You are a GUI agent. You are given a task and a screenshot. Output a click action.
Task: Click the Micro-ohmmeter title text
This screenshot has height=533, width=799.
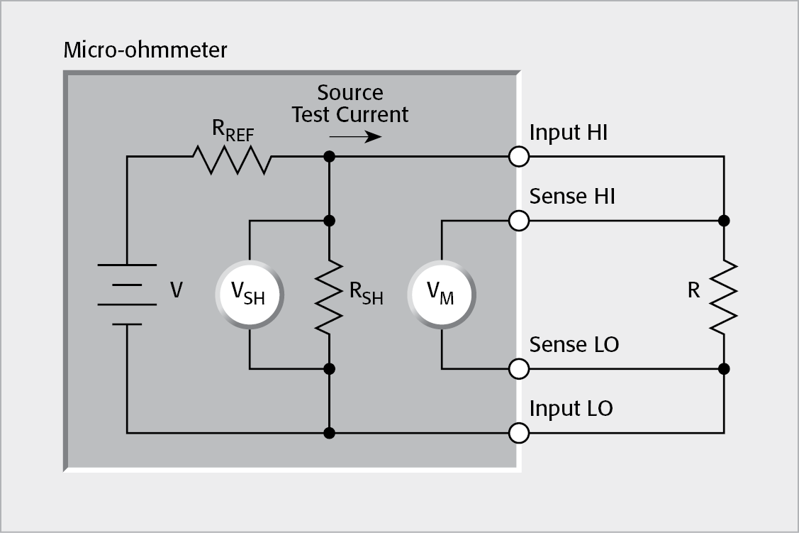point(145,51)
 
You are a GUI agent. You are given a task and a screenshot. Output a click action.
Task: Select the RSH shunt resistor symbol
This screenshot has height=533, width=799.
point(329,295)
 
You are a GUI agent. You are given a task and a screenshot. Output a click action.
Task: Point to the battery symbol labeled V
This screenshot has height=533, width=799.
point(126,295)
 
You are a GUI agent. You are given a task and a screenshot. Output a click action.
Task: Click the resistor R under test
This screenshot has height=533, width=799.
point(723,295)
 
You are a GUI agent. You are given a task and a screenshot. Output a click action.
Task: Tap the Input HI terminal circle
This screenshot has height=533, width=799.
point(519,157)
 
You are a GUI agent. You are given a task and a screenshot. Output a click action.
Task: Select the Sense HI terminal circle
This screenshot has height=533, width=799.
point(519,221)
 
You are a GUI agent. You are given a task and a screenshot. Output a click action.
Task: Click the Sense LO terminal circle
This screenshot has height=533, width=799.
point(519,369)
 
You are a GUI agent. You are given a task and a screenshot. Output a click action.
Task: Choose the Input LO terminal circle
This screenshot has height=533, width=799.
point(519,432)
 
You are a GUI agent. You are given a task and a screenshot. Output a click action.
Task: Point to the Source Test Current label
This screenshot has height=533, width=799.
point(350,104)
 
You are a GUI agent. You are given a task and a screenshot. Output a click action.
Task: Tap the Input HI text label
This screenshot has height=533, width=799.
point(568,133)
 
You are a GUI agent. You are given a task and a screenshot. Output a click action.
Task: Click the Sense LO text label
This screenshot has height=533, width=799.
point(574,345)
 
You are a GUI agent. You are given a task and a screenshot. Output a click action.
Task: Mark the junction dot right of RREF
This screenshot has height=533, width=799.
point(329,157)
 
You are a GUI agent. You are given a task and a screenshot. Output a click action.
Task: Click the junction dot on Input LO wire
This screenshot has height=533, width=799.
point(329,432)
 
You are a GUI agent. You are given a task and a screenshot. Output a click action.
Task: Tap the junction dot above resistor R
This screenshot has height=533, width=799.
point(723,221)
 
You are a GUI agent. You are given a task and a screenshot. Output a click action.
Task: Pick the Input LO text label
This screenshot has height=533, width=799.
point(571,409)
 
